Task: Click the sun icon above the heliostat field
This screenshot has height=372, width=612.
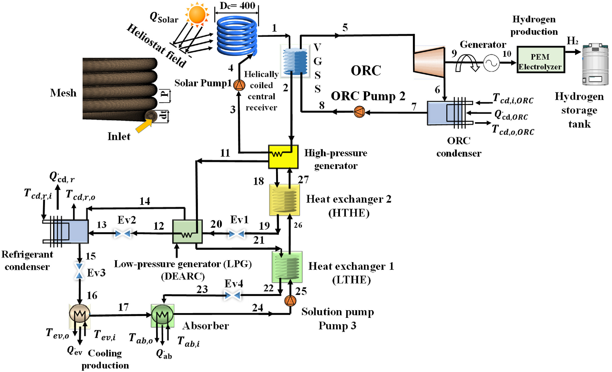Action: [197, 14]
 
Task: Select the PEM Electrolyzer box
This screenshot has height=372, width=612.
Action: [540, 60]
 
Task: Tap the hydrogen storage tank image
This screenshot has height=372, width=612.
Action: [595, 64]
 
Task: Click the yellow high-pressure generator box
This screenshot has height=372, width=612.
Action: [283, 157]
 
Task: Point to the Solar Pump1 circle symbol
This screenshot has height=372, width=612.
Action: [239, 85]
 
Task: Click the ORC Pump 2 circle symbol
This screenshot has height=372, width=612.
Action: [359, 112]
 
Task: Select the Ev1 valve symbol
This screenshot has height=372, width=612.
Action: [237, 234]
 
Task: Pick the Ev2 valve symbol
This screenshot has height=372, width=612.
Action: [123, 234]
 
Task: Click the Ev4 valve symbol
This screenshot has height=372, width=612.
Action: [233, 295]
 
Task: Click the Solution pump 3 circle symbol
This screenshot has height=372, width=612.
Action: [290, 301]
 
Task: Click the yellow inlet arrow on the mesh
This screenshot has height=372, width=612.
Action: [143, 126]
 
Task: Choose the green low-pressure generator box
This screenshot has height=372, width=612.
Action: [187, 231]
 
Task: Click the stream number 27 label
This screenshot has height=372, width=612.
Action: [303, 179]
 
